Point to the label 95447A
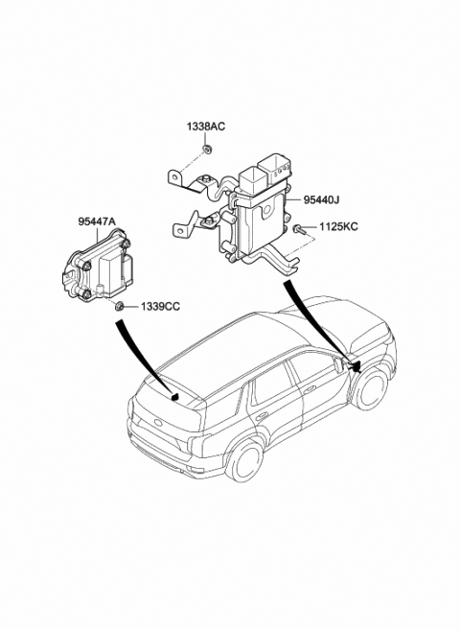(97, 221)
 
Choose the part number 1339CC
(159, 307)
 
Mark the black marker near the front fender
(356, 364)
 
